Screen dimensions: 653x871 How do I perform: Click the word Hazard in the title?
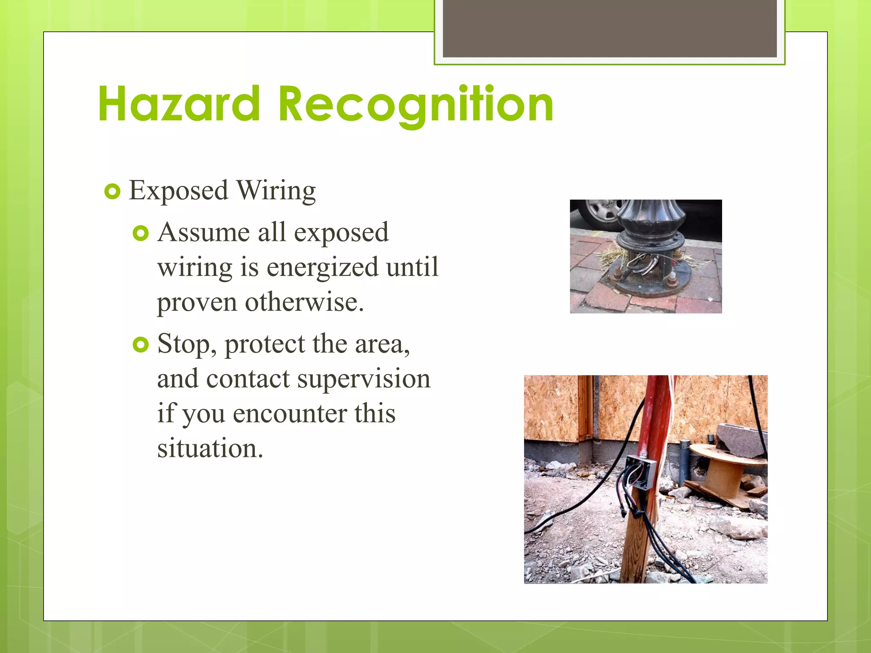(179, 104)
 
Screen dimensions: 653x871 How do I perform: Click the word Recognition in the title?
(416, 104)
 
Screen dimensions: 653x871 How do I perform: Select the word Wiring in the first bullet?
(276, 190)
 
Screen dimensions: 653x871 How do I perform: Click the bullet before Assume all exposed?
(140, 233)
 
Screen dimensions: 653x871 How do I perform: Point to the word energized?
(322, 267)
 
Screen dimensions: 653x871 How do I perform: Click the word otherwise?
(304, 302)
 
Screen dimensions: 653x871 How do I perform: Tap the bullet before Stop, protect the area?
(140, 344)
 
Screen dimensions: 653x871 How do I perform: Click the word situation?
(210, 448)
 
